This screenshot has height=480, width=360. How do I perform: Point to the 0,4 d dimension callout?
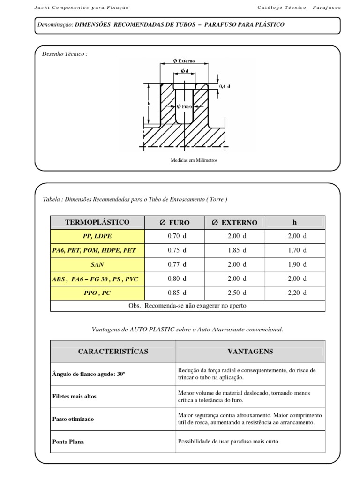click(225, 86)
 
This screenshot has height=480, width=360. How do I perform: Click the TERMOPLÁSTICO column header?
click(97, 222)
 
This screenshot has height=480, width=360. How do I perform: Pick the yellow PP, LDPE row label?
click(97, 237)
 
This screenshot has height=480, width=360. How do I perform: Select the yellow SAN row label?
click(97, 265)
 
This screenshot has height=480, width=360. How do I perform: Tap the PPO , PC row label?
click(97, 293)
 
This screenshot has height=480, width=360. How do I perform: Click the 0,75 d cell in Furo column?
click(177, 250)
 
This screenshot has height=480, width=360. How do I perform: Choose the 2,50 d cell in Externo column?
click(237, 293)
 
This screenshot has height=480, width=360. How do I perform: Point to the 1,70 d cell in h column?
click(297, 250)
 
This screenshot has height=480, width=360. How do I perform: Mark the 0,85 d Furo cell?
click(177, 293)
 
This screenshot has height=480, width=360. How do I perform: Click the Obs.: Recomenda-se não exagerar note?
click(187, 306)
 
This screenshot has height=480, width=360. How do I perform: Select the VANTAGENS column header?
click(250, 351)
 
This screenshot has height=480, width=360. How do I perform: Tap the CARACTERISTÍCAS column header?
click(113, 351)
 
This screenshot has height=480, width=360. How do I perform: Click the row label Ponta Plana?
click(68, 442)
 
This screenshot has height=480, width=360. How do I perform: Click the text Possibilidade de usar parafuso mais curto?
click(229, 441)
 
